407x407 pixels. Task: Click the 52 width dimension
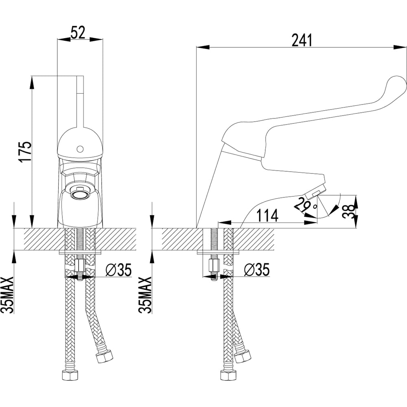tap(78, 33)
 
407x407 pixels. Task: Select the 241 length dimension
tap(302, 40)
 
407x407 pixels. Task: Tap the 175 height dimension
tap(26, 152)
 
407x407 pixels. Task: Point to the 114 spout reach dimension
tap(267, 215)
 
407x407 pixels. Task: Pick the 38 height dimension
tap(348, 212)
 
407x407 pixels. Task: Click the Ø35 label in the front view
tap(119, 270)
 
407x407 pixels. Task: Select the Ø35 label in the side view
tap(257, 270)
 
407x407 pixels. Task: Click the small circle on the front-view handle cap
tap(80, 150)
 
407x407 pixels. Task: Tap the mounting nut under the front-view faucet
tap(80, 265)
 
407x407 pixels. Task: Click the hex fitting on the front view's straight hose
tap(70, 375)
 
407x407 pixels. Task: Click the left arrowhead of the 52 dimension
tap(63, 39)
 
